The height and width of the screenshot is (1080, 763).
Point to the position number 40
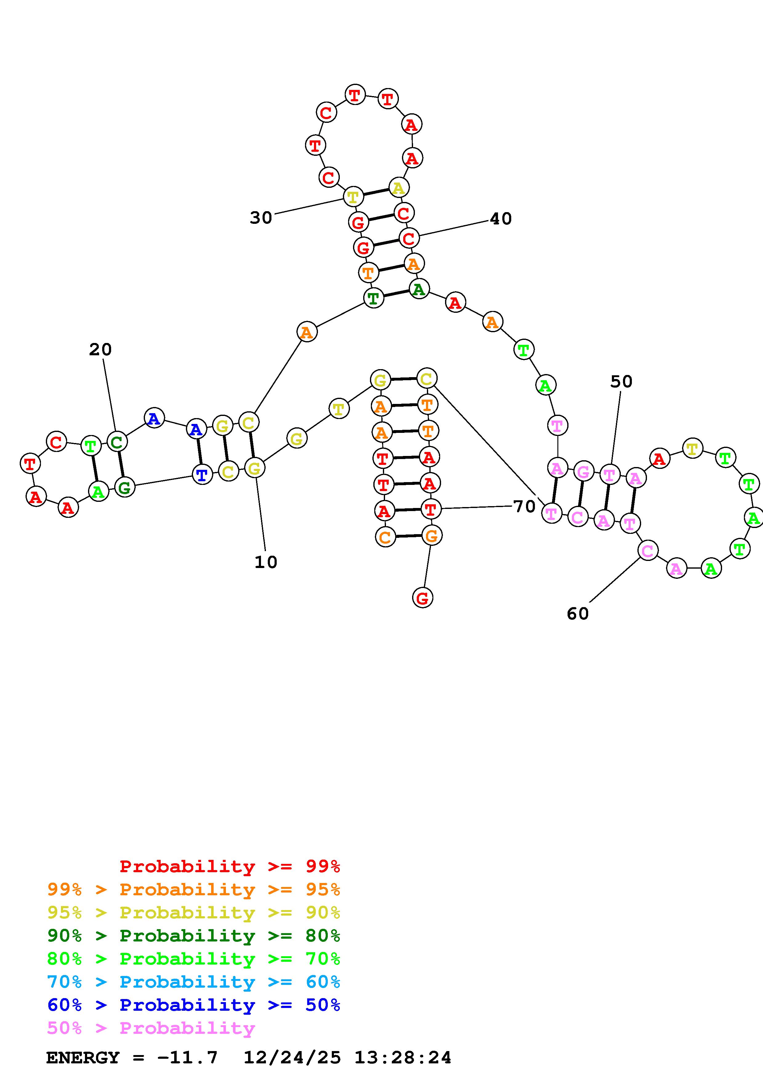point(501,219)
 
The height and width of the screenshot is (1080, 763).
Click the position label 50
point(621,381)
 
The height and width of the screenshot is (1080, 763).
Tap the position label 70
point(524,507)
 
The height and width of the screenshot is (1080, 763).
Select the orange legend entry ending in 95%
point(194,889)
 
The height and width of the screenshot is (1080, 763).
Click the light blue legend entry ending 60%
point(194,982)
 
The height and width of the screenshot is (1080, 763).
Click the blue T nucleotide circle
point(202,475)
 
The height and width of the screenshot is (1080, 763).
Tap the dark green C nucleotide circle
point(117,442)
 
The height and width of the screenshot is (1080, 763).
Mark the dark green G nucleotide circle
point(125,487)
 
